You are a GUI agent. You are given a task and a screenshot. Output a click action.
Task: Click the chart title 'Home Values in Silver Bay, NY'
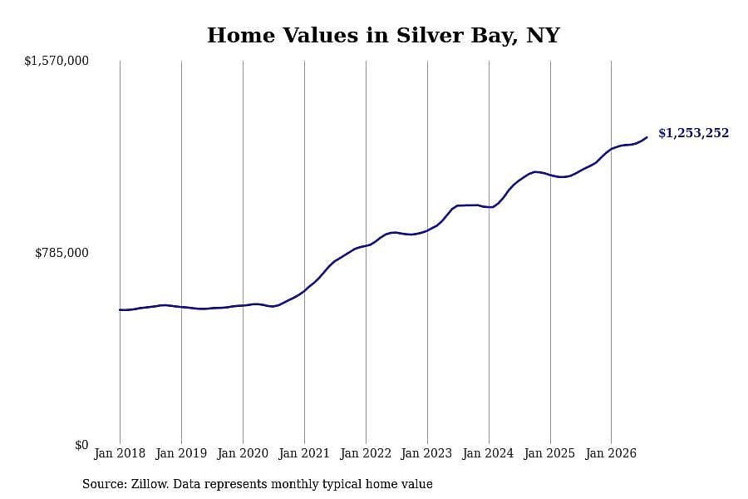tap(383, 35)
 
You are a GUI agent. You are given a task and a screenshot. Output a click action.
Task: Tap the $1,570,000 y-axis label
tap(57, 61)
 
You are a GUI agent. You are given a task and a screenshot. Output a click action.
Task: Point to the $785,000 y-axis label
tap(62, 253)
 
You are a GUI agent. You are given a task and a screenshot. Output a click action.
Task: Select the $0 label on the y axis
tap(81, 445)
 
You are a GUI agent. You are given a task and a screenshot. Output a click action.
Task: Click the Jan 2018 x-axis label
tap(120, 453)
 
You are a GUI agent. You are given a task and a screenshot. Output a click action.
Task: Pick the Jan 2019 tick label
tap(181, 453)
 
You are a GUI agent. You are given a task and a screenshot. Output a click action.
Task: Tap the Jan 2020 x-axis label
tap(243, 453)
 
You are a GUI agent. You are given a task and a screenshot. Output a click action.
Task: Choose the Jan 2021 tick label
tap(304, 453)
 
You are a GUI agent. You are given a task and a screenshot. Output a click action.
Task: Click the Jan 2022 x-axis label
tap(366, 453)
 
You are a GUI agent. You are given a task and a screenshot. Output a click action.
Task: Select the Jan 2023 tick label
tap(426, 453)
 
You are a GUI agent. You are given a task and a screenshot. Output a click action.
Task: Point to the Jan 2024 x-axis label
tap(488, 453)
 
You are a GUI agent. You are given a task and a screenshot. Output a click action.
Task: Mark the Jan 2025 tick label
tap(549, 453)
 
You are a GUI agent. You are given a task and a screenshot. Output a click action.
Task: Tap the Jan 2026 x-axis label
tap(611, 453)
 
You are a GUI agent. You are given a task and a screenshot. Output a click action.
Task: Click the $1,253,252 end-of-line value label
tap(694, 133)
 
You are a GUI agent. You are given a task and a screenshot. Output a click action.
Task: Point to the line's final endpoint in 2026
tap(647, 137)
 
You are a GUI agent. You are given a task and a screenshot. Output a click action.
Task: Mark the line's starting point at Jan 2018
tap(120, 310)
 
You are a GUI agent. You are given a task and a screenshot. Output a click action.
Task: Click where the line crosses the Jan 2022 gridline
tap(366, 245)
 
